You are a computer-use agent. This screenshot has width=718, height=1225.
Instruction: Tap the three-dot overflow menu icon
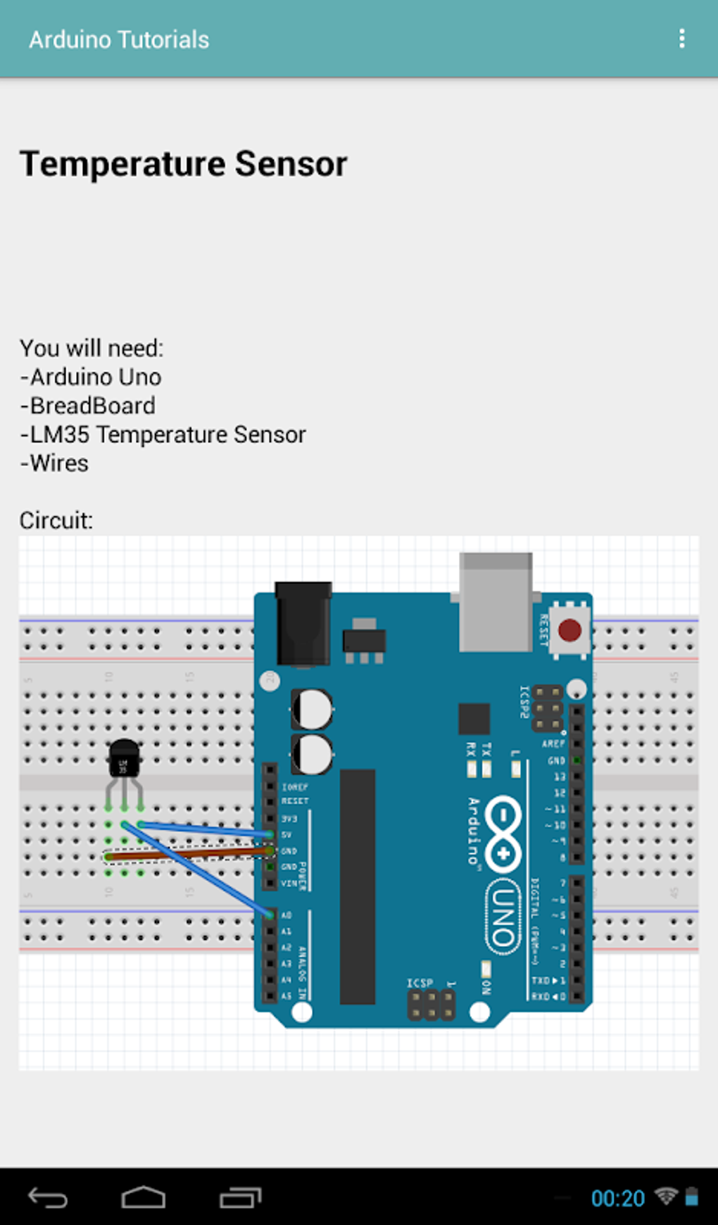tap(681, 39)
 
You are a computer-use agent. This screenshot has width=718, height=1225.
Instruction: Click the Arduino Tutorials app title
tap(119, 39)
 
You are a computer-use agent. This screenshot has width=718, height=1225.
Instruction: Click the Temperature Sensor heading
tap(183, 164)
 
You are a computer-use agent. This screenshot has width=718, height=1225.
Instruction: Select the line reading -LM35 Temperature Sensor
tap(163, 434)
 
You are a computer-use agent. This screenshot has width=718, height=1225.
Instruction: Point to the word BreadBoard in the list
tap(93, 406)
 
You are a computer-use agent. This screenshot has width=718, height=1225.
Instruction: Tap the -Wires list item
tap(55, 463)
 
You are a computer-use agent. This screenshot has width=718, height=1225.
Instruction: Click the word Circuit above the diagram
tap(56, 520)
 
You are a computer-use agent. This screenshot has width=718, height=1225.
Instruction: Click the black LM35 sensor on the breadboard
tap(124, 758)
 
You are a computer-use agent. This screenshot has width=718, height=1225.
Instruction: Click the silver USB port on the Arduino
tap(496, 602)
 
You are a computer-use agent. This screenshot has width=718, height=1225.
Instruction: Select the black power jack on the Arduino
tap(303, 623)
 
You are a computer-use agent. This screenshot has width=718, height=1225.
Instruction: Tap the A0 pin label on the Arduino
tap(286, 915)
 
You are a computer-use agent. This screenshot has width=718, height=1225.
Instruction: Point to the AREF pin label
tap(553, 743)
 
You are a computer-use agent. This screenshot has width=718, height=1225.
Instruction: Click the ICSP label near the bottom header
tap(420, 983)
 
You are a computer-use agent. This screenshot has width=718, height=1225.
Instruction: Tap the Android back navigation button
tap(48, 1197)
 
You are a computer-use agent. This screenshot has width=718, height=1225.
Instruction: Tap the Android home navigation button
tap(144, 1197)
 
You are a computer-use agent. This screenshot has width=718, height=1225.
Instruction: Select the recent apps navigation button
tap(240, 1197)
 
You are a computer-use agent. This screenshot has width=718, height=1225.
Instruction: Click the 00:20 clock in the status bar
tap(617, 1198)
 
